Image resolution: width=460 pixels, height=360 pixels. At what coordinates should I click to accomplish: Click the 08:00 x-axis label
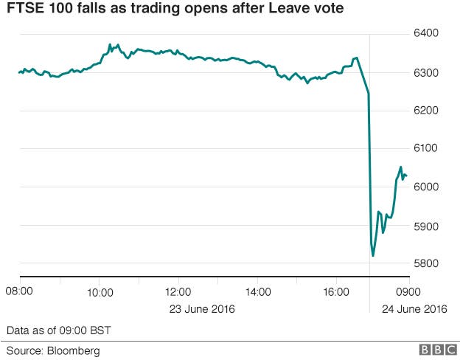tap(20, 292)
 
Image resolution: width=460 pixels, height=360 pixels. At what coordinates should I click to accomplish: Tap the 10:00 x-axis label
tap(100, 292)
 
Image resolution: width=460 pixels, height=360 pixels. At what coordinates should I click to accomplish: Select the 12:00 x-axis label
tap(178, 292)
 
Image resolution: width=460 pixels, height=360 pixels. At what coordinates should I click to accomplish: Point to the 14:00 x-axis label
tap(257, 292)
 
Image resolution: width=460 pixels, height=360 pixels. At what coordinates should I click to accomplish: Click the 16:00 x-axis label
tap(336, 292)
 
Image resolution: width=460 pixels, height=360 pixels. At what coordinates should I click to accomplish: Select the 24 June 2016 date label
tap(414, 308)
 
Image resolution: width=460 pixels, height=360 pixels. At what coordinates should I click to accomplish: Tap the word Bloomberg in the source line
tap(74, 350)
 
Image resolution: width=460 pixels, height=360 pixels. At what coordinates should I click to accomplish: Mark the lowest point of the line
tap(373, 255)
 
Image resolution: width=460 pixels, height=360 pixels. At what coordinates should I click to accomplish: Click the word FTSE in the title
tap(25, 10)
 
